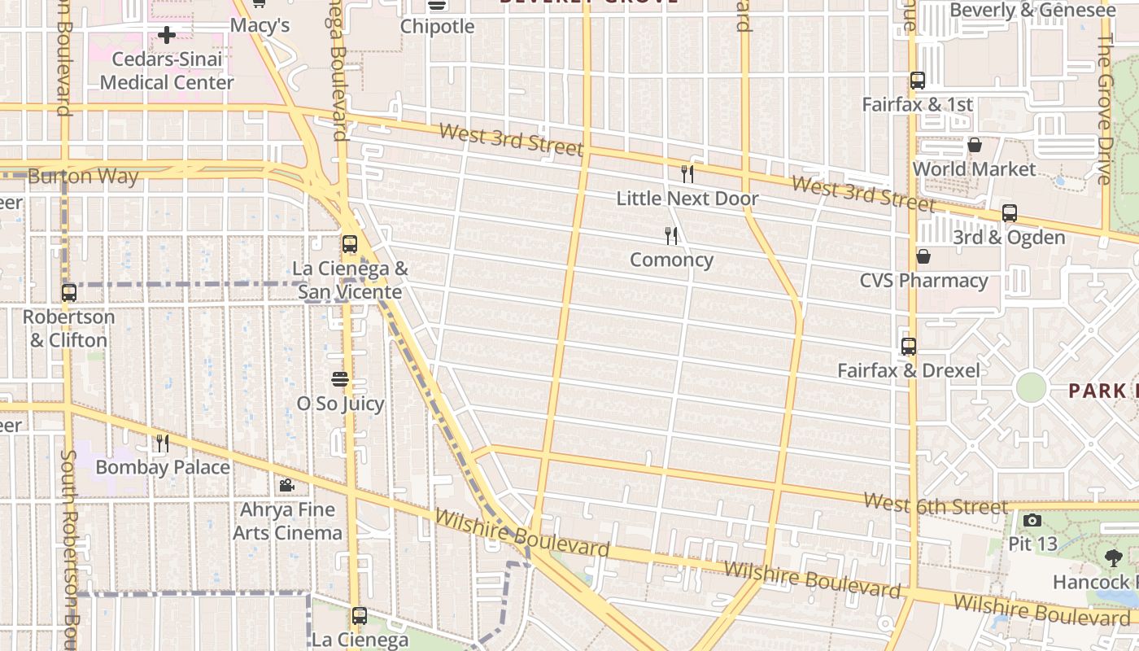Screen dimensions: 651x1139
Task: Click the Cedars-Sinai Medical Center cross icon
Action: click(167, 35)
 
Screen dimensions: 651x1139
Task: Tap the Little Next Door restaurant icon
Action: click(687, 173)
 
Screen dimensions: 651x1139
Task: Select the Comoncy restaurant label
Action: click(671, 260)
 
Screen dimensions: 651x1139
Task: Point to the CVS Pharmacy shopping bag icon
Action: click(923, 257)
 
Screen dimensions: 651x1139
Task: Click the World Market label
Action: click(974, 169)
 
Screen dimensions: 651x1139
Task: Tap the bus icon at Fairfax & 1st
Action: click(918, 81)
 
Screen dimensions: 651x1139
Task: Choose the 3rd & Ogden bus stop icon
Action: click(1010, 213)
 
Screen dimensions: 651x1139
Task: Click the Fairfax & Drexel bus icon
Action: click(909, 347)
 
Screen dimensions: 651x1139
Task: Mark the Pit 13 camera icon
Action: click(1032, 521)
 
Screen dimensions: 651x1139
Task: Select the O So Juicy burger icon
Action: click(340, 379)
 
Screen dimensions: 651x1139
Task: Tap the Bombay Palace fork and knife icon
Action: click(163, 443)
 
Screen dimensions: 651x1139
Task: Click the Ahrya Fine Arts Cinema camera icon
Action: click(286, 486)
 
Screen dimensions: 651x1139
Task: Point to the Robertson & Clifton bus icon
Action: click(69, 293)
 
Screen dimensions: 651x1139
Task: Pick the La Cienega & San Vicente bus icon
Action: click(350, 244)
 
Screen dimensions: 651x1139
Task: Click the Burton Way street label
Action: click(83, 177)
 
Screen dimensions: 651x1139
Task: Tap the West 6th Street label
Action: click(935, 505)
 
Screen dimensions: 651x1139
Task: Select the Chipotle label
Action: click(437, 27)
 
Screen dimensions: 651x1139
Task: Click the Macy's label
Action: click(260, 26)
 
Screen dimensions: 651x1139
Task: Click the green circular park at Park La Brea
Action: click(1031, 387)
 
